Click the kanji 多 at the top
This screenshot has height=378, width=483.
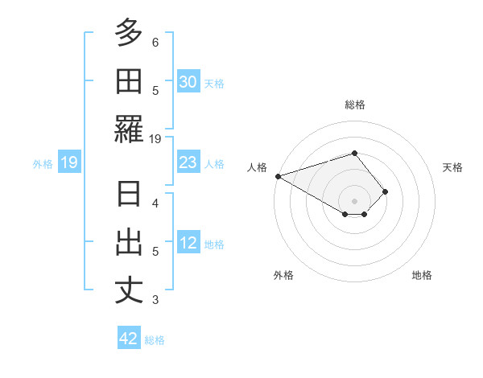(x=129, y=34)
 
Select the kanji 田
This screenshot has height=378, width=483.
(x=129, y=81)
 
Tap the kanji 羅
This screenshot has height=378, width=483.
(x=129, y=129)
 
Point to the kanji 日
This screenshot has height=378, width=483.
(x=129, y=195)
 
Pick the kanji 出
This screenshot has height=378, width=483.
(x=129, y=242)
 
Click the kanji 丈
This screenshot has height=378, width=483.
(x=129, y=290)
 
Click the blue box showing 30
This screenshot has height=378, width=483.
(x=188, y=82)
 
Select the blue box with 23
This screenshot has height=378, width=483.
(x=188, y=162)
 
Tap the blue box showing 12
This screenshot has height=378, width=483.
(x=188, y=243)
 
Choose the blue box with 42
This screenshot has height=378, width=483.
(x=129, y=339)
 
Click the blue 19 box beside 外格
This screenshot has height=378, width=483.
(x=68, y=162)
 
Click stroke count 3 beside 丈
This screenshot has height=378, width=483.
(x=155, y=300)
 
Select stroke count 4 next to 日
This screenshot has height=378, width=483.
(x=155, y=203)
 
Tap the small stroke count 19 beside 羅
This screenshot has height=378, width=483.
(x=155, y=138)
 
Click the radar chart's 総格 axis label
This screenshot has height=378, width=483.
(x=354, y=105)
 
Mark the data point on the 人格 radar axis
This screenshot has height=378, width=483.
(x=278, y=175)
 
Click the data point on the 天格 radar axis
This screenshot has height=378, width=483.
(x=386, y=191)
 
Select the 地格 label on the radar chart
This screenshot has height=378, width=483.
(x=422, y=275)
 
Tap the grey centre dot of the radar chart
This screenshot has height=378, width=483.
(x=354, y=200)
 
